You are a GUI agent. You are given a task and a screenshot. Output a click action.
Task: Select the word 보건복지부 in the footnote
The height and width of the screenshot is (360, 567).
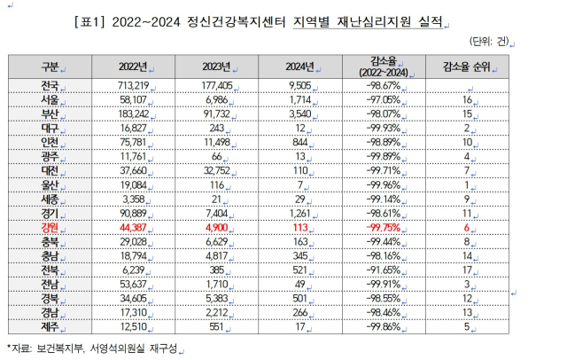(x=66, y=348)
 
